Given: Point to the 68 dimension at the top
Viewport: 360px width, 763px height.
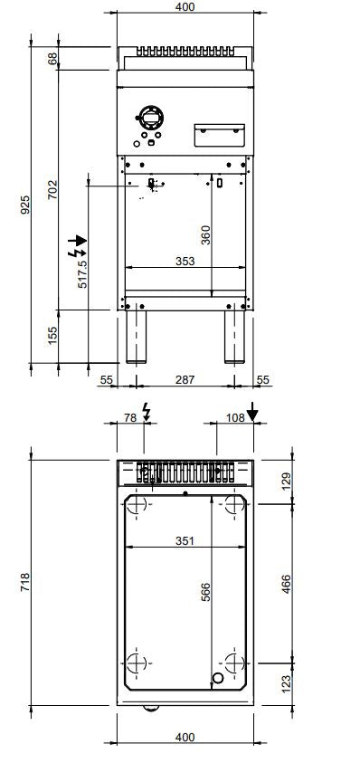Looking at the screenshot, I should pos(52,58).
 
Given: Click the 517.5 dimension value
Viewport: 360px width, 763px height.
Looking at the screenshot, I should pos(82,272).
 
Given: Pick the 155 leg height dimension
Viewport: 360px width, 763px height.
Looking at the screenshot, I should pos(52,335).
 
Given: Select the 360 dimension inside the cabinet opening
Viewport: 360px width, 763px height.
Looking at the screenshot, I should pos(205,236).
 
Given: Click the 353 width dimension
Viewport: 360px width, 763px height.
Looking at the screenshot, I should pos(185,262).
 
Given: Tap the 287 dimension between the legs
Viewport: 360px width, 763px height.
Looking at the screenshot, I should pos(185,381).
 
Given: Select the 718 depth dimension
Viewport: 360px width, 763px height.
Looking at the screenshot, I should pos(26,577).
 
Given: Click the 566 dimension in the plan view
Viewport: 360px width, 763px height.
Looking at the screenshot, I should pos(205,593).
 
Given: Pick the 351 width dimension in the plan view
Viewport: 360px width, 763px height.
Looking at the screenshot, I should pos(185,541).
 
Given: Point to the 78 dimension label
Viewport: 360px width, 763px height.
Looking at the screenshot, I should pos(129,417).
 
